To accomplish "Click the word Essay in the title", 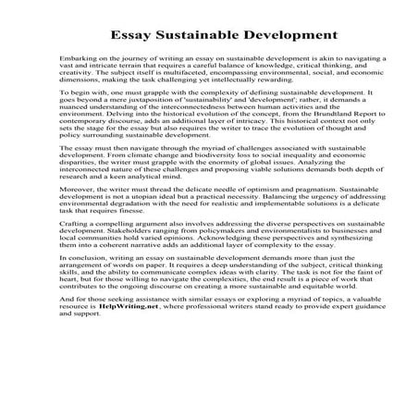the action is pos(140,36).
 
